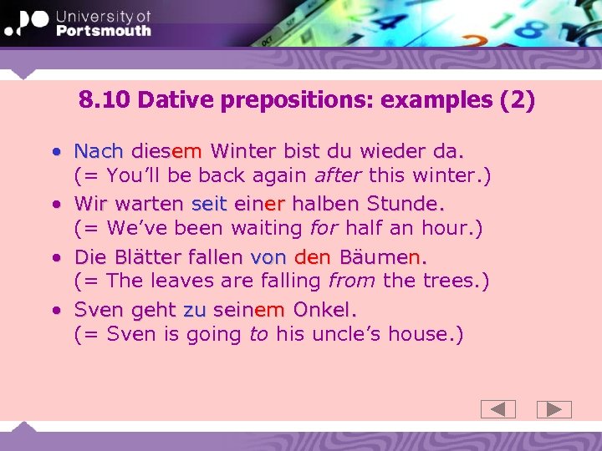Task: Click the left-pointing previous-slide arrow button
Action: coord(497,409)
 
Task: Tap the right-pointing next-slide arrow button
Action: coord(554,409)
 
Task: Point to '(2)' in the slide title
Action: coord(516,100)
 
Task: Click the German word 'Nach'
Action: coord(99,151)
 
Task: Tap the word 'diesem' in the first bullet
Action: coord(166,151)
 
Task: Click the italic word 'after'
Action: coord(337,176)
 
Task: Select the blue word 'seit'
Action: coord(209,204)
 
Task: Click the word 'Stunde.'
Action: coord(405,204)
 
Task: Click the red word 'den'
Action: coord(313,256)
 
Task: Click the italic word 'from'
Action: coord(352,281)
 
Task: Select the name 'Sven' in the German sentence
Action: coord(99,310)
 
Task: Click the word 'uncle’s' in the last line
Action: coord(340,334)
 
